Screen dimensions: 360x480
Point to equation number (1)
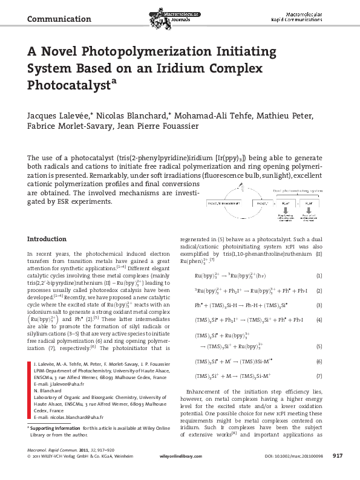(329, 259)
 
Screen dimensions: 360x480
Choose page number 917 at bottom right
(338, 473)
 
